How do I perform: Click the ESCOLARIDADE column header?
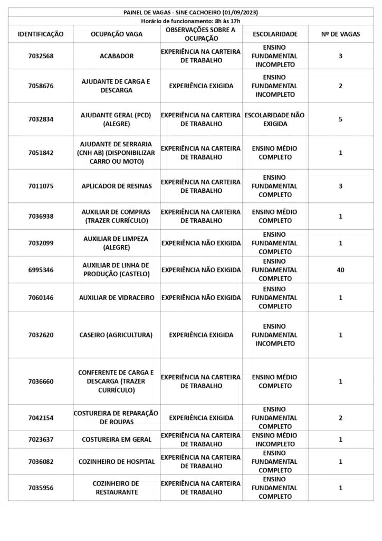pos(275,34)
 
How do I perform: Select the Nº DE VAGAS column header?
pos(340,34)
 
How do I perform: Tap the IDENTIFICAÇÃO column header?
pos(41,34)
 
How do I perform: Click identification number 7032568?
pos(41,56)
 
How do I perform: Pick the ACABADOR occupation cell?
pos(117,56)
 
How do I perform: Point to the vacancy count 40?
pos(340,270)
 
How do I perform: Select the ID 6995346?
pos(41,270)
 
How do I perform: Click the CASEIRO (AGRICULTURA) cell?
pos(116,335)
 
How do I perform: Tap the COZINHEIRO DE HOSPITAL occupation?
pos(117,462)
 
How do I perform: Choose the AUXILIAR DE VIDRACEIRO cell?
pos(117,297)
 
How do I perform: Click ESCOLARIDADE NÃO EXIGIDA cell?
pos(275,119)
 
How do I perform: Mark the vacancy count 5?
pos(340,119)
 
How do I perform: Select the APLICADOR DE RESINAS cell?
pos(117,186)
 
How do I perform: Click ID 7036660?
pos(41,381)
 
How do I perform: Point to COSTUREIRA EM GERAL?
pos(117,440)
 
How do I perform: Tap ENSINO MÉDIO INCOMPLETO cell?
pos(275,440)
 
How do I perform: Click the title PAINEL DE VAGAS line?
pos(190,12)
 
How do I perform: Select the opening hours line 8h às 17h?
pos(190,21)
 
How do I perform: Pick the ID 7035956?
pos(41,488)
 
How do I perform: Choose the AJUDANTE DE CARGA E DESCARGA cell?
pos(116,86)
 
